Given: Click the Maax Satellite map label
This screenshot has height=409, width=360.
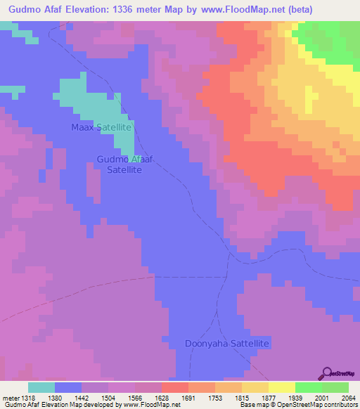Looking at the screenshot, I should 102,127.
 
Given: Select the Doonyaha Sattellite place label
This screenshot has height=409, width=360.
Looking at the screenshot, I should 227,344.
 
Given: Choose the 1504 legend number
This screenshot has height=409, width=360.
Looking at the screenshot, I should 103,397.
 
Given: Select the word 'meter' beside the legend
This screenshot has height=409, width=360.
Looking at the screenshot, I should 9,397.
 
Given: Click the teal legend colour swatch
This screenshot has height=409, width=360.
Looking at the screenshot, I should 41,387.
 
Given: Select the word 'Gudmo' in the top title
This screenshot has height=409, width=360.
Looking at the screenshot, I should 20,9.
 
